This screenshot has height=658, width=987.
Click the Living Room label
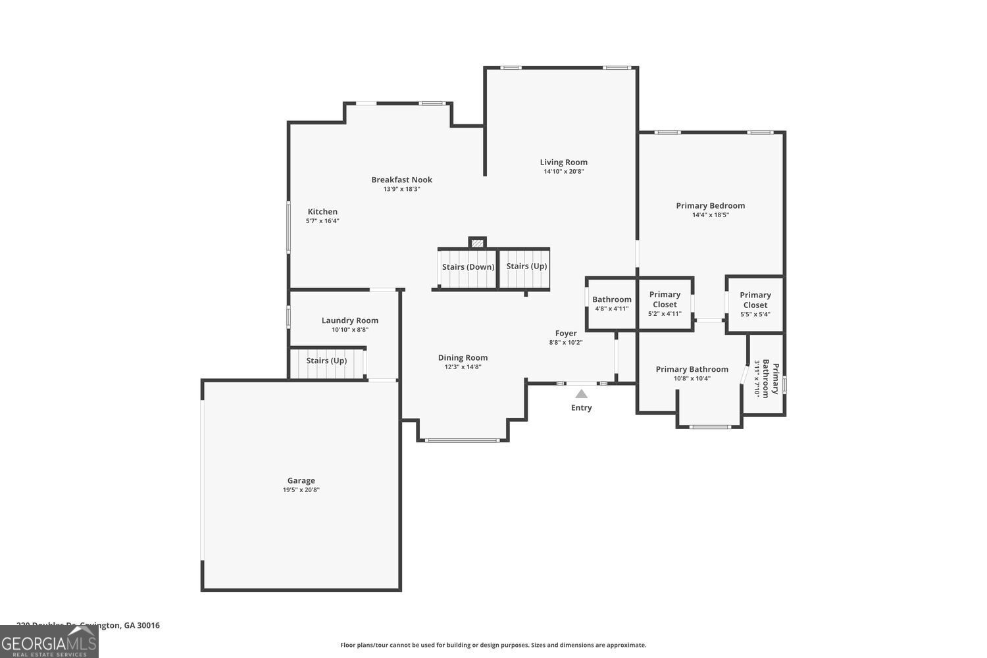[563, 163]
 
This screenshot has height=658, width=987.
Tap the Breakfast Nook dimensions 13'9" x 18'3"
[401, 189]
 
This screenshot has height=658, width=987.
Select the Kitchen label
[322, 212]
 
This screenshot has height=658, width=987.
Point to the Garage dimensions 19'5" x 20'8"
[301, 490]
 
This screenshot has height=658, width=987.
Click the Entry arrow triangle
[581, 394]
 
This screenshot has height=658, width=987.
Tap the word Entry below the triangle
[581, 408]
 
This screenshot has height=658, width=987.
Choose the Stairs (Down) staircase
[468, 268]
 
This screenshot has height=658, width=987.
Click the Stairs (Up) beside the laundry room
[326, 361]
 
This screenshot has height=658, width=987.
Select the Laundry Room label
[349, 320]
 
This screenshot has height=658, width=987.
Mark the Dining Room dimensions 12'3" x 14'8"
[463, 367]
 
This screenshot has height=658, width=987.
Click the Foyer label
[565, 334]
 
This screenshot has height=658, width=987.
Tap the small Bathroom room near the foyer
[611, 303]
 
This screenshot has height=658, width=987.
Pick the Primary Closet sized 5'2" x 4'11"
[665, 303]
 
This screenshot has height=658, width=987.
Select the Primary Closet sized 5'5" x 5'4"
[755, 304]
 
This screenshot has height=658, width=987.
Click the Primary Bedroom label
[710, 206]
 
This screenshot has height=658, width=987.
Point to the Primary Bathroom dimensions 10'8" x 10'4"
[692, 378]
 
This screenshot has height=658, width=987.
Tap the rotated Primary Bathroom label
[766, 380]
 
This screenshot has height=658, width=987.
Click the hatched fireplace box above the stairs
[478, 243]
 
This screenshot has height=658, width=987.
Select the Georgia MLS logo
[49, 642]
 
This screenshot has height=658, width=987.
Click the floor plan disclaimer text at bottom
[493, 645]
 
